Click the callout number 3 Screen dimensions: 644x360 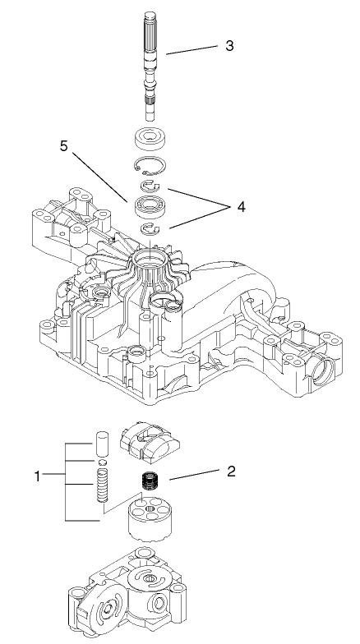click(229, 45)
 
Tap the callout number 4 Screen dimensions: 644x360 click(241, 207)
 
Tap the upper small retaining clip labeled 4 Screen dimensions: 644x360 click(152, 188)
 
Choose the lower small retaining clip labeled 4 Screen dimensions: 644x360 click(152, 228)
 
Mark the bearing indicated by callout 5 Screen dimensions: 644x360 click(151, 206)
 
